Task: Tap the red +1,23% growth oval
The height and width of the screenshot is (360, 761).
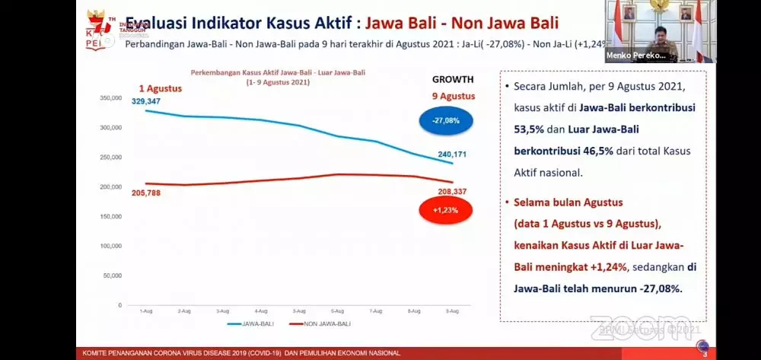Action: click(446, 209)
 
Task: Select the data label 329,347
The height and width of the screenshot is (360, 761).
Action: click(146, 101)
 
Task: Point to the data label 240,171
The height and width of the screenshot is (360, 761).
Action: click(452, 155)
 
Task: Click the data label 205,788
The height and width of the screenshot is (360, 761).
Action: click(146, 193)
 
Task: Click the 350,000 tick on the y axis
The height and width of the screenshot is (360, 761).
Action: click(111, 99)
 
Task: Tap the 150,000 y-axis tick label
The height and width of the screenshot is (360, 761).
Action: click(111, 217)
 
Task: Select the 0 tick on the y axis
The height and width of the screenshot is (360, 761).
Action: click(119, 305)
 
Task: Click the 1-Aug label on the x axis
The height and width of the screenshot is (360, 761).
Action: click(145, 311)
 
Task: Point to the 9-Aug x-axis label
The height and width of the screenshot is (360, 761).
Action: click(451, 311)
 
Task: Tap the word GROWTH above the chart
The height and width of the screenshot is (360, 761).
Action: click(453, 79)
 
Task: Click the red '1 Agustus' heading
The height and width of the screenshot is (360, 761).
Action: click(161, 88)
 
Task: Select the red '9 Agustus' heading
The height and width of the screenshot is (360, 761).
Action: click(453, 97)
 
